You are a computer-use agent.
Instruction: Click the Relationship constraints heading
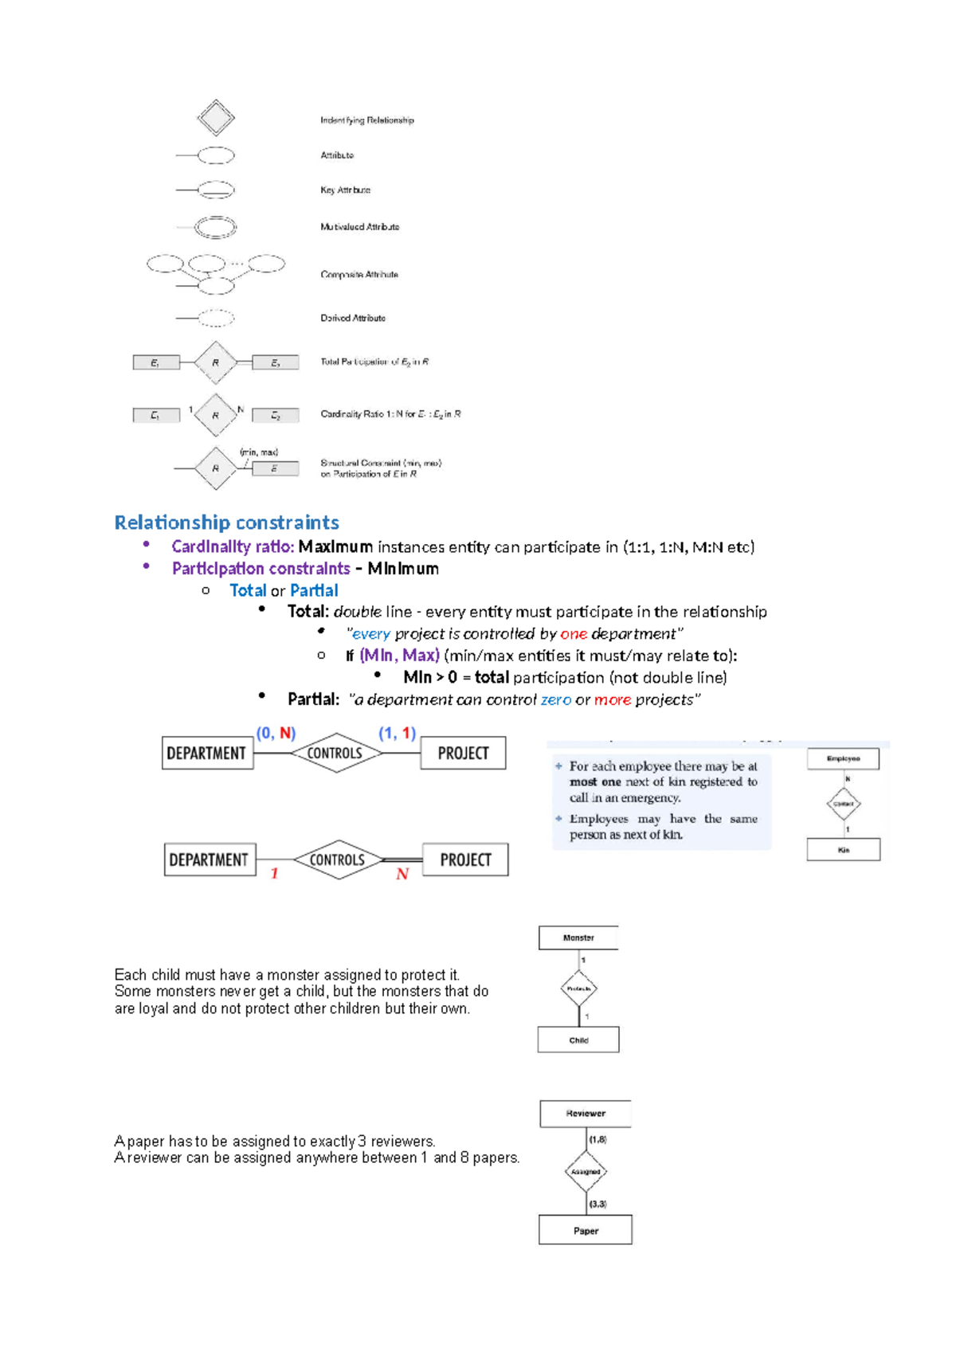[226, 523]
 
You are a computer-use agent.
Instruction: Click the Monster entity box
[578, 938]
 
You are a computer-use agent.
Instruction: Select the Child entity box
[578, 1040]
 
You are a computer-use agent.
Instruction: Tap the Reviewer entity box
[586, 1114]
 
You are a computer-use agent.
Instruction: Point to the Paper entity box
[586, 1230]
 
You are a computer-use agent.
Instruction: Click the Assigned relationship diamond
[586, 1172]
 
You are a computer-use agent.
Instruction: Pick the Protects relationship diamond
[578, 989]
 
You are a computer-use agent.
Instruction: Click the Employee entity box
[843, 758]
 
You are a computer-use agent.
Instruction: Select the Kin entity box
[843, 850]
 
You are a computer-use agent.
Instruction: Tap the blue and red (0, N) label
[276, 733]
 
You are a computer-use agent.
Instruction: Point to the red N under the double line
[402, 875]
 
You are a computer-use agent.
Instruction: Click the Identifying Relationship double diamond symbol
[216, 118]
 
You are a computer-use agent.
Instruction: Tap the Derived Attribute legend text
[353, 318]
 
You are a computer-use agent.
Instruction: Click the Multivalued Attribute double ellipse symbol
[216, 227]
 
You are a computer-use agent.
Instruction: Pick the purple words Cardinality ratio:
[233, 546]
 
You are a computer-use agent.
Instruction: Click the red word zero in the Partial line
[555, 699]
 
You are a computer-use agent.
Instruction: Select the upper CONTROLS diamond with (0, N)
[335, 753]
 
